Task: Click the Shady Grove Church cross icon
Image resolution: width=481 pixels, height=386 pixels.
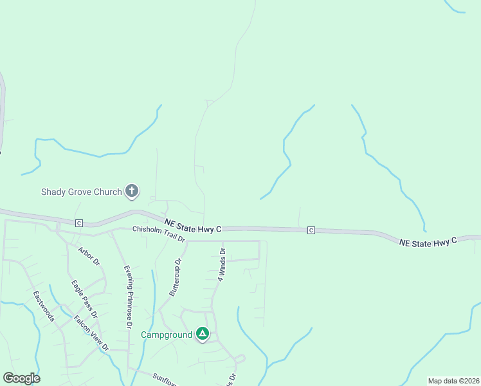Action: click(x=132, y=190)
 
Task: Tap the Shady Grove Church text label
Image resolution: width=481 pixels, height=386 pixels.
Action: click(x=81, y=192)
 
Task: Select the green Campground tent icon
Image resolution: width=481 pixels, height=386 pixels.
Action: click(x=203, y=334)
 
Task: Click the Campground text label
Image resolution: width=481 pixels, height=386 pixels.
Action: click(x=167, y=335)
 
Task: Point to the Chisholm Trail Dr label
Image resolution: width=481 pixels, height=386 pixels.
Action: click(x=159, y=234)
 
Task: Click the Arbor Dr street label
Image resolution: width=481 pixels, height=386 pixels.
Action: click(x=89, y=256)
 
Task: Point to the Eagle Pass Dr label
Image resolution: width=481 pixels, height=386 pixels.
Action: click(x=84, y=299)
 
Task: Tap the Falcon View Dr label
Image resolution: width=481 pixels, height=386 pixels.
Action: click(x=91, y=333)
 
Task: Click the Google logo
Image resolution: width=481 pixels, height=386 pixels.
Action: click(x=21, y=378)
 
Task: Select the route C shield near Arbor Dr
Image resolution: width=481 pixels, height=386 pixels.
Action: click(x=79, y=223)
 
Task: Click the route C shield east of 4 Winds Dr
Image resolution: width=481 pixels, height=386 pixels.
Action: click(x=311, y=230)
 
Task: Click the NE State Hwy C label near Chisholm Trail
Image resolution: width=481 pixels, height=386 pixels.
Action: click(x=193, y=225)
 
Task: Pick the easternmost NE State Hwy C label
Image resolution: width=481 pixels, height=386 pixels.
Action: click(x=428, y=242)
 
